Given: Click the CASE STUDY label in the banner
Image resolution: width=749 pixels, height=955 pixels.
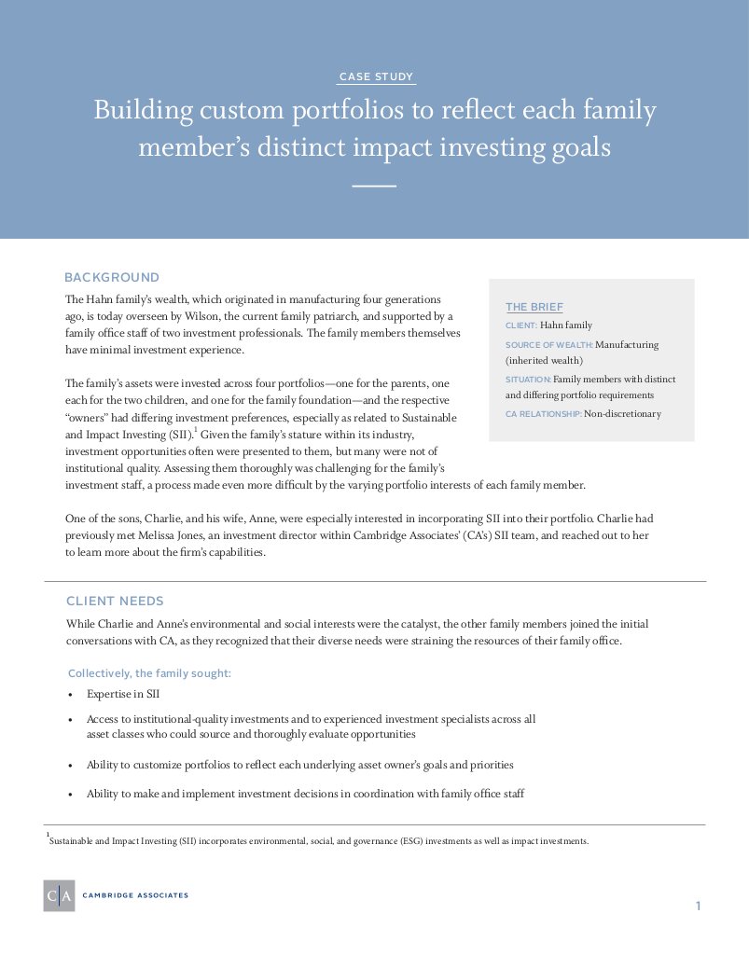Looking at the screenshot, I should [x=375, y=76].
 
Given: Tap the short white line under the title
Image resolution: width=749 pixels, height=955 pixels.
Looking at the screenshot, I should [x=375, y=186].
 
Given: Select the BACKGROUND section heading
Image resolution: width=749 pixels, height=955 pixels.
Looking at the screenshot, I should [x=112, y=277].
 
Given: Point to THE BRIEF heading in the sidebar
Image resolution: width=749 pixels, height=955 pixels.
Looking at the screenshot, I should [x=534, y=307].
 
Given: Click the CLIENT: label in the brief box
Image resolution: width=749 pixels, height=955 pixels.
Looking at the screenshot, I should [x=521, y=325].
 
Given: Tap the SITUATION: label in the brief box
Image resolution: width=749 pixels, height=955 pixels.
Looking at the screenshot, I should [x=528, y=380].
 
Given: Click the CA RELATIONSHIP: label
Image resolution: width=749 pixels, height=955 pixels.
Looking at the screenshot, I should [x=543, y=414].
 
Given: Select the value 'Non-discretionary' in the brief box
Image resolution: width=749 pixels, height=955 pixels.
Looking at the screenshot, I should [x=622, y=414].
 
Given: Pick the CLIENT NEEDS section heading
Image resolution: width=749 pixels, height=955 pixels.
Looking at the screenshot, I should [x=115, y=601].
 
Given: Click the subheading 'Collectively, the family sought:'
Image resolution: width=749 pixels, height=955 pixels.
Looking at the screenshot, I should [x=150, y=672].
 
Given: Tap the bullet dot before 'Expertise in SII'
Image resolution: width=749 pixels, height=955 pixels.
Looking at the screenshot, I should [x=71, y=695].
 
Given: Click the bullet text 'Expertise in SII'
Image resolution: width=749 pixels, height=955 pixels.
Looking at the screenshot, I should [x=123, y=694].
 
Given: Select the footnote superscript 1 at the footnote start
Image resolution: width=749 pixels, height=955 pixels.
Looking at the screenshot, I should [x=48, y=837].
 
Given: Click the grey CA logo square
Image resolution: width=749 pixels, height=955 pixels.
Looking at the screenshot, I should [x=59, y=895].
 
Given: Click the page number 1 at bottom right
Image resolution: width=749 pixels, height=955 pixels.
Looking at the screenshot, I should [x=697, y=906].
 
